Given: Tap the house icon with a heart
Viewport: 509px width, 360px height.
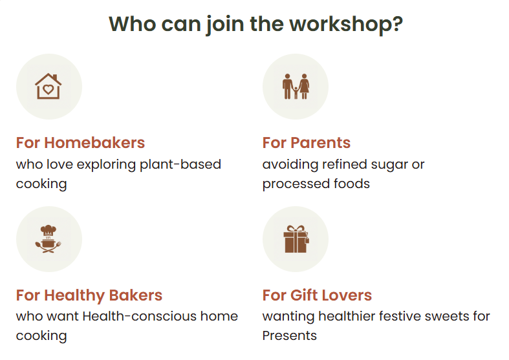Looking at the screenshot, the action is (49, 86).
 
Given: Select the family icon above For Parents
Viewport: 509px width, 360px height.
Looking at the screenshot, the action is (296, 86).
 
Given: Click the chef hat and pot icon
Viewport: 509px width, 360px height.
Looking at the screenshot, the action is (49, 238).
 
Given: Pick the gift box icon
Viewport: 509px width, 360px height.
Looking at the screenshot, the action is (296, 239).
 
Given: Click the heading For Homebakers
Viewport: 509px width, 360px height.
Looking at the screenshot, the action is (80, 143).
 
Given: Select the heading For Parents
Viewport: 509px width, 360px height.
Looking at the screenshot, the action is (307, 143).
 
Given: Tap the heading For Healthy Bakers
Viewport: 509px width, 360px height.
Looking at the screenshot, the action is (89, 295).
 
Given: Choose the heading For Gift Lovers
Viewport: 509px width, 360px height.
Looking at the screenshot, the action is (317, 295).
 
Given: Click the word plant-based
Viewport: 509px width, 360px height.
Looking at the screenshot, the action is (180, 165).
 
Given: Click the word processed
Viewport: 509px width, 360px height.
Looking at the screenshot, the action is (291, 184).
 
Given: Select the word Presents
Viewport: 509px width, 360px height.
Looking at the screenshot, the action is (290, 335).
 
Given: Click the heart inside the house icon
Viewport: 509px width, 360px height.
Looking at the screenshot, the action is (48, 89).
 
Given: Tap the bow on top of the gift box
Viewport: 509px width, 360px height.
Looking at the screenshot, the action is (296, 229).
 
